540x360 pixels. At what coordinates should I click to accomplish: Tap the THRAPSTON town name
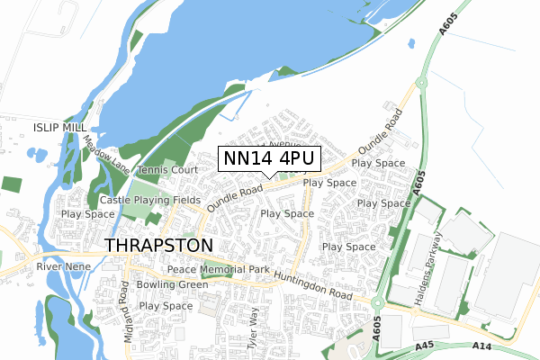click(159, 245)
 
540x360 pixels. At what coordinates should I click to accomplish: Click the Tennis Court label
click(167, 170)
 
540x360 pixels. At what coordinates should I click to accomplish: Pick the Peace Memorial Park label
click(219, 270)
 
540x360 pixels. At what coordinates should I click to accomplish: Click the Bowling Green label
click(172, 284)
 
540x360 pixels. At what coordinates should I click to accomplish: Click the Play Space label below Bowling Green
click(166, 306)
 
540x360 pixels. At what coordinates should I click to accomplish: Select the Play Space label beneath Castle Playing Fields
click(88, 214)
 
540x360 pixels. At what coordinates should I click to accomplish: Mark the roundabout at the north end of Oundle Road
click(418, 82)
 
